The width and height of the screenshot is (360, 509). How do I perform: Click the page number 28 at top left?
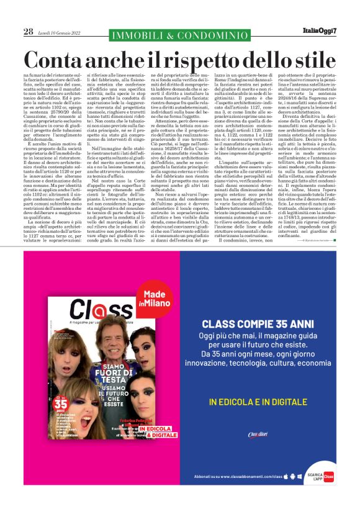(29, 31)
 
